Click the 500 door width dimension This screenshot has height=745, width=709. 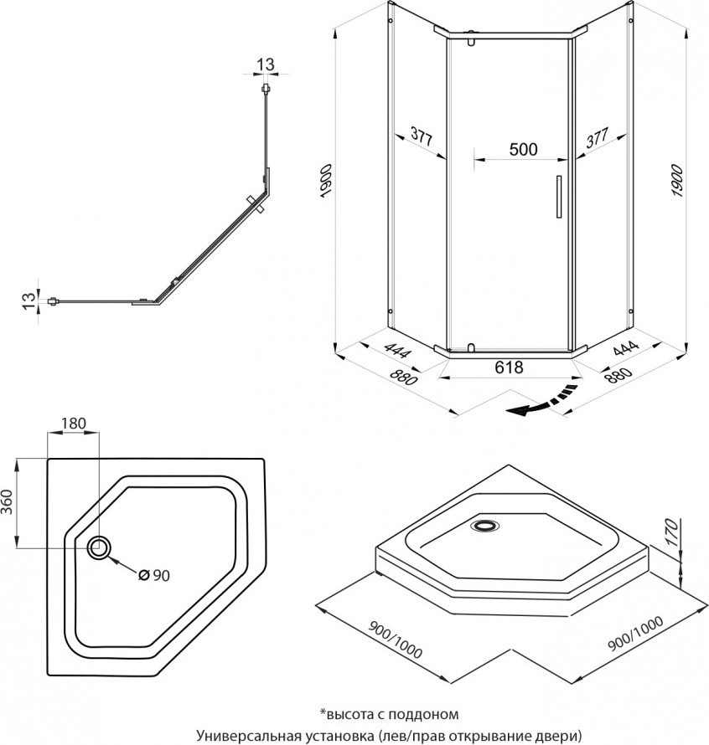[x=523, y=149]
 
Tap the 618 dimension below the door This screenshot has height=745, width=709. [x=509, y=367]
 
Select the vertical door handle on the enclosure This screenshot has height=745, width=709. [x=555, y=198]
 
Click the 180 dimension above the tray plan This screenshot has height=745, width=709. [x=74, y=424]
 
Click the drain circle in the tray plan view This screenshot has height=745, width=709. [x=100, y=547]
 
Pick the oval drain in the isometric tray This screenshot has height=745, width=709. [x=485, y=526]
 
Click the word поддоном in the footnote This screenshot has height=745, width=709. [x=424, y=714]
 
